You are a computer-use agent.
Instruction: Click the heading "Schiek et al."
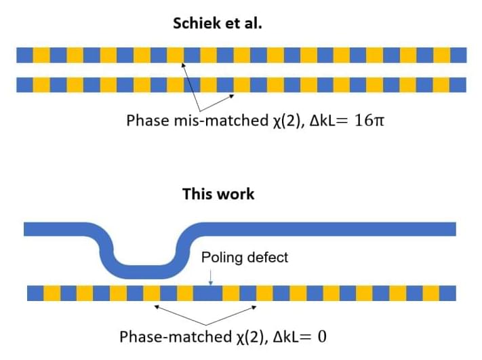point(217,23)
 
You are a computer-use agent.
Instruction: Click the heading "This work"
point(218,194)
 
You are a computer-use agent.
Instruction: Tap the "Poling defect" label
point(245,258)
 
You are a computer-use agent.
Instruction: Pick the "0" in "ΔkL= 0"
point(321,336)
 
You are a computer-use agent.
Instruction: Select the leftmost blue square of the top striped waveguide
point(24,55)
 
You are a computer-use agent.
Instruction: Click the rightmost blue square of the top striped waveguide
point(459,55)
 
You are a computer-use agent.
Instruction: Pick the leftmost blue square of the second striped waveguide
point(24,85)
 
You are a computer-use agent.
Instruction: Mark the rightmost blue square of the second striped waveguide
point(459,85)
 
